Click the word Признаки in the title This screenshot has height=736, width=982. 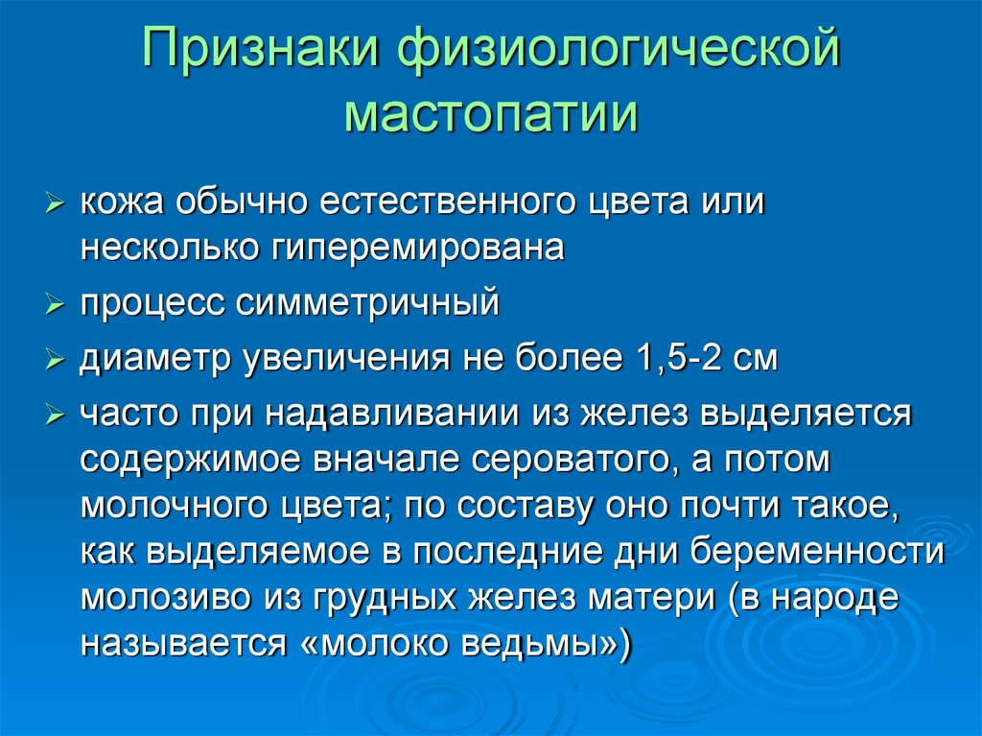point(261,48)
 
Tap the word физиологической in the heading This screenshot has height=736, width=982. point(619,50)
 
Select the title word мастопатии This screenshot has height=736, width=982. point(492,114)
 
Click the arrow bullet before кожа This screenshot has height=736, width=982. point(55,203)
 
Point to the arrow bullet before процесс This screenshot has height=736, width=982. point(55,305)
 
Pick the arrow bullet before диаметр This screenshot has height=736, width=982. point(55,360)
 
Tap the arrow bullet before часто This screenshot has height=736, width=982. point(55,415)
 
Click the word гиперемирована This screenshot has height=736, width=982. point(418,249)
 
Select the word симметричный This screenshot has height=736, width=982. point(367,303)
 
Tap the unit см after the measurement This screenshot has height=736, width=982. point(756,360)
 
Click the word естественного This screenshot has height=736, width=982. point(447,202)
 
